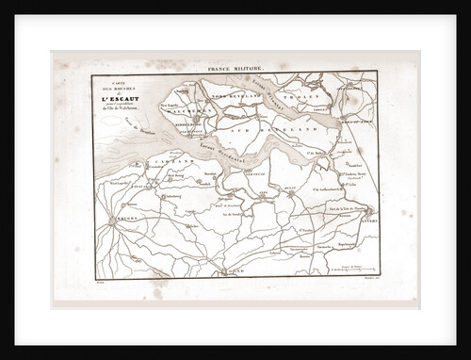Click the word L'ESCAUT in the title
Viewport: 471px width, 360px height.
[127, 97]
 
